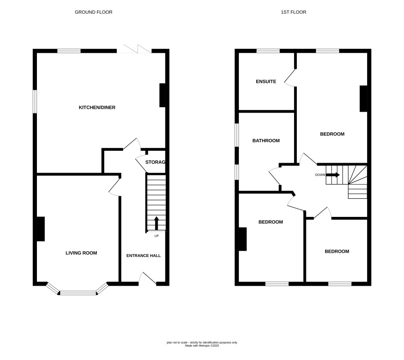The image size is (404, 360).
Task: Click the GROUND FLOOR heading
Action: (x=93, y=12)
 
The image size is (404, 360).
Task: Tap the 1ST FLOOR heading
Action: (x=294, y=12)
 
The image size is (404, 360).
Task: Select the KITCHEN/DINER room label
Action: (x=97, y=108)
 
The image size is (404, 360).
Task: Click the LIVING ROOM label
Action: (x=81, y=253)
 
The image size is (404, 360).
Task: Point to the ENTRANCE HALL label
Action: (x=144, y=256)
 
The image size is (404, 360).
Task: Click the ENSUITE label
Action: (x=266, y=82)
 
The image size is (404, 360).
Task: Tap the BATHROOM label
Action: (x=266, y=141)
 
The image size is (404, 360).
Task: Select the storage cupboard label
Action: (x=155, y=162)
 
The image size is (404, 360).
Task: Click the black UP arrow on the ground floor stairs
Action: (x=156, y=223)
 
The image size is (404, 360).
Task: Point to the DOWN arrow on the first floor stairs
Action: (x=333, y=175)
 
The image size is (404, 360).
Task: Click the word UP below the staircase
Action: (x=156, y=236)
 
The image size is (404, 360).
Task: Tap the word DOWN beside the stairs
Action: (x=320, y=175)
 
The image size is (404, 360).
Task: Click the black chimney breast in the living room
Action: (x=41, y=229)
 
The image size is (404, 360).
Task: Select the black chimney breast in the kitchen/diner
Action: (x=162, y=95)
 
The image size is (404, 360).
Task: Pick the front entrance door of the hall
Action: (x=147, y=279)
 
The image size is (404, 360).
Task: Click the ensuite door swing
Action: (x=290, y=78)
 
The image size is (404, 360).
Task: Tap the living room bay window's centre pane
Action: (x=78, y=293)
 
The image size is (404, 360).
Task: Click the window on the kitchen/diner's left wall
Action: (x=35, y=102)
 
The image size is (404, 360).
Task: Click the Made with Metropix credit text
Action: (x=202, y=346)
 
